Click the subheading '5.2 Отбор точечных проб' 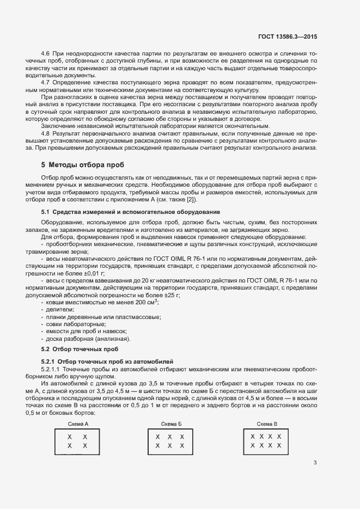tap(80, 348)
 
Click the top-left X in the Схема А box tap(69, 437)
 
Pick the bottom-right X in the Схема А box tap(84, 446)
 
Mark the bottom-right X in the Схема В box tap(279, 445)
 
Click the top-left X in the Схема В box tap(253, 437)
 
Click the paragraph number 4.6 tap(46, 54)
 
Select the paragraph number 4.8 tap(46, 133)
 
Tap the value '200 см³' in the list tap(146, 301)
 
